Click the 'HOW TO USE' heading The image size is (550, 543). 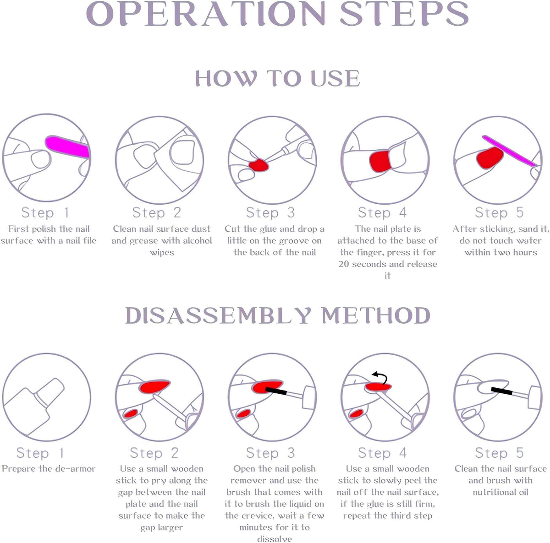click(x=277, y=78)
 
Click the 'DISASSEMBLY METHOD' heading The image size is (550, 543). click(x=277, y=316)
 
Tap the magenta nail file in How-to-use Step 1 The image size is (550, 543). click(x=67, y=146)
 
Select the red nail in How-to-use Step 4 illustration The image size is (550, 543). click(x=379, y=160)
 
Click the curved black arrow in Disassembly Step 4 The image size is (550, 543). click(x=380, y=378)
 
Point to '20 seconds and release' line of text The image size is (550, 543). click(x=388, y=264)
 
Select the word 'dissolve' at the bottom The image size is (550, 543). click(x=274, y=539)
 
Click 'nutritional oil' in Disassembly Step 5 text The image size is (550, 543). click(x=500, y=492)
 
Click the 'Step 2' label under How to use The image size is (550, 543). click(x=157, y=213)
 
